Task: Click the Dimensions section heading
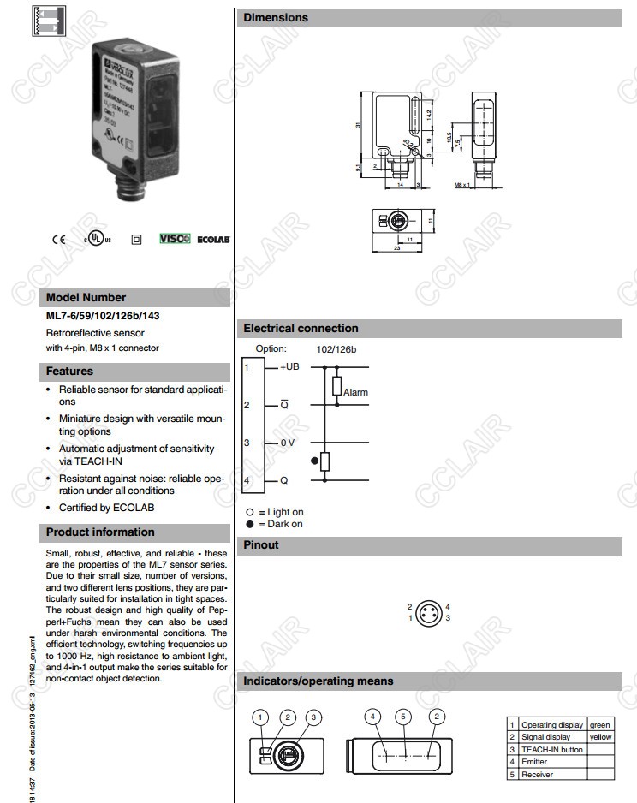[x=276, y=17]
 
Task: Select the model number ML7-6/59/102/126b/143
[x=103, y=316]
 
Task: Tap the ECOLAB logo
[x=213, y=241]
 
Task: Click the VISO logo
[x=175, y=240]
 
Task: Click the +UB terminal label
[x=289, y=366]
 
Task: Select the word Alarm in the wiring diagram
[x=355, y=392]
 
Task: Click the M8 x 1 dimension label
[x=463, y=184]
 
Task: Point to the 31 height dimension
[x=358, y=125]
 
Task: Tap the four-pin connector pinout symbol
[x=429, y=612]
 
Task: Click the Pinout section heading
[x=261, y=544]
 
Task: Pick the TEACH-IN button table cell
[x=551, y=749]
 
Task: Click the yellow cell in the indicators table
[x=600, y=736]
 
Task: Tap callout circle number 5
[x=403, y=717]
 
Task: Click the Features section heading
[x=70, y=372]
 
